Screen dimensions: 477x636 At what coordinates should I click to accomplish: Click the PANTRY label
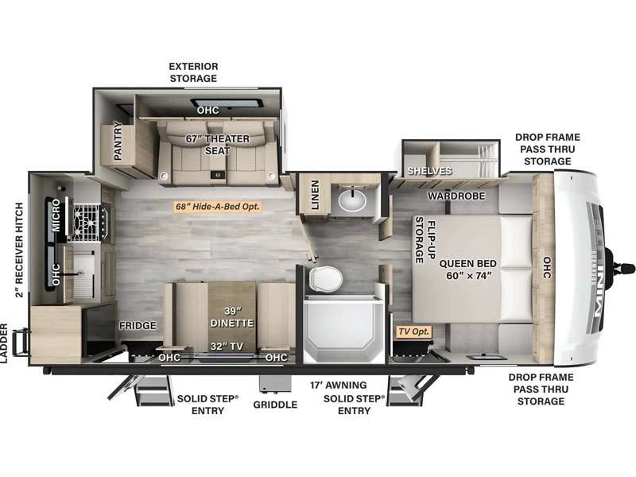(x=118, y=141)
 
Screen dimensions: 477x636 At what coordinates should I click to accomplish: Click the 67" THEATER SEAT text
(x=217, y=145)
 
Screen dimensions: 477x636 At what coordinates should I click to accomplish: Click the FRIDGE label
(x=137, y=326)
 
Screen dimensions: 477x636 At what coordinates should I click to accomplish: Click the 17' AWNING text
(x=340, y=386)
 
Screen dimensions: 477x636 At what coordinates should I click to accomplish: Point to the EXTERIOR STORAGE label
(x=193, y=72)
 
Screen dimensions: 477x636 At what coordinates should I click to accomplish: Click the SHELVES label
(x=429, y=171)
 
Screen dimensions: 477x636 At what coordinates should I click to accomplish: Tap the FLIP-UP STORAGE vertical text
(x=425, y=242)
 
